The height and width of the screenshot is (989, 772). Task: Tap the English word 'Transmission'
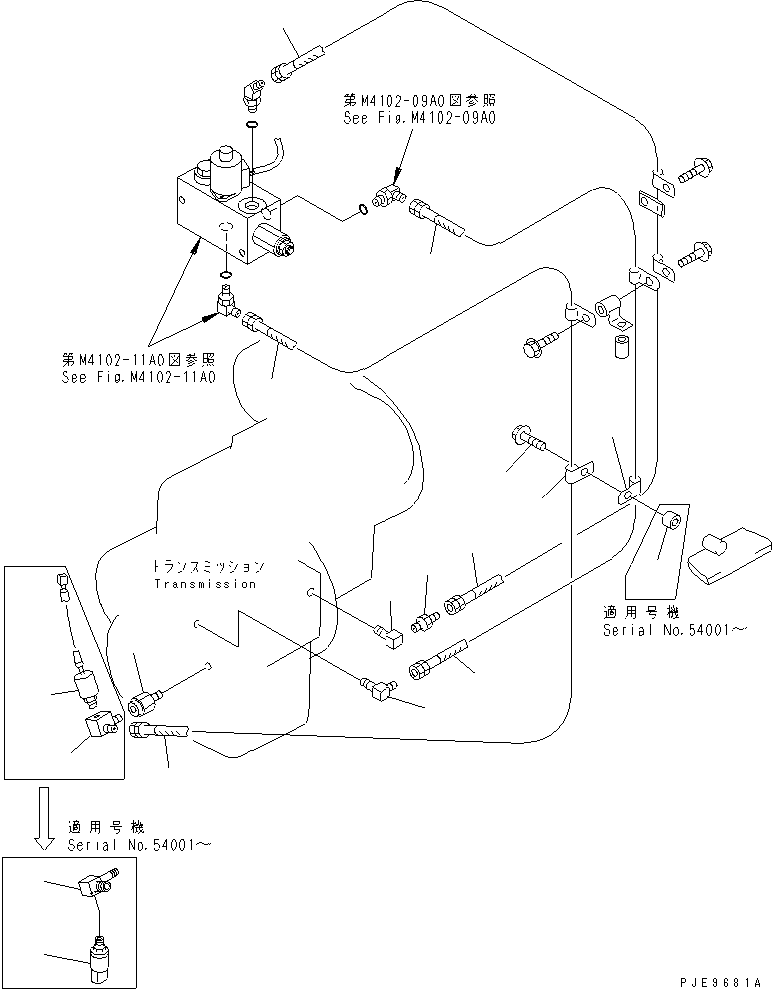click(x=204, y=584)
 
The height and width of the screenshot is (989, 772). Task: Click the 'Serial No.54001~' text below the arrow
click(x=139, y=844)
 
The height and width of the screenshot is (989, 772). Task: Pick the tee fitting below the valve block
click(x=225, y=301)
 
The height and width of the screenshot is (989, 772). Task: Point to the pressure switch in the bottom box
click(x=98, y=954)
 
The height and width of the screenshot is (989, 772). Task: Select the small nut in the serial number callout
click(x=671, y=522)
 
